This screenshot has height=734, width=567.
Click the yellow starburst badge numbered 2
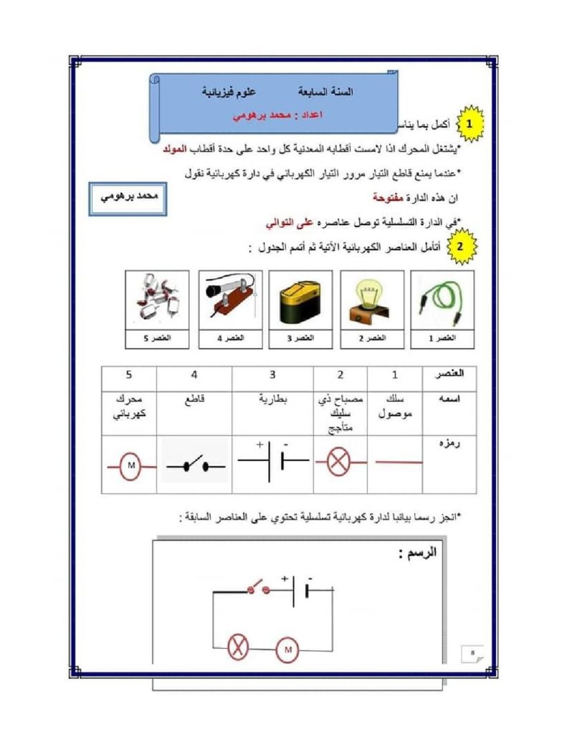coord(460,246)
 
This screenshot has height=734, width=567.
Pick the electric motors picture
coord(157,300)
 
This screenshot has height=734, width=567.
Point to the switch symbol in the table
coord(195,467)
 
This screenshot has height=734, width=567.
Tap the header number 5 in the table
coord(129,374)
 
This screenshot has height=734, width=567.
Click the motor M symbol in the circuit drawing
coord(287,649)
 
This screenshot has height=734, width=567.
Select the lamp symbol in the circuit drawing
coord(237,648)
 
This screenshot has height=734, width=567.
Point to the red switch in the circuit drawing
coord(258,589)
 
